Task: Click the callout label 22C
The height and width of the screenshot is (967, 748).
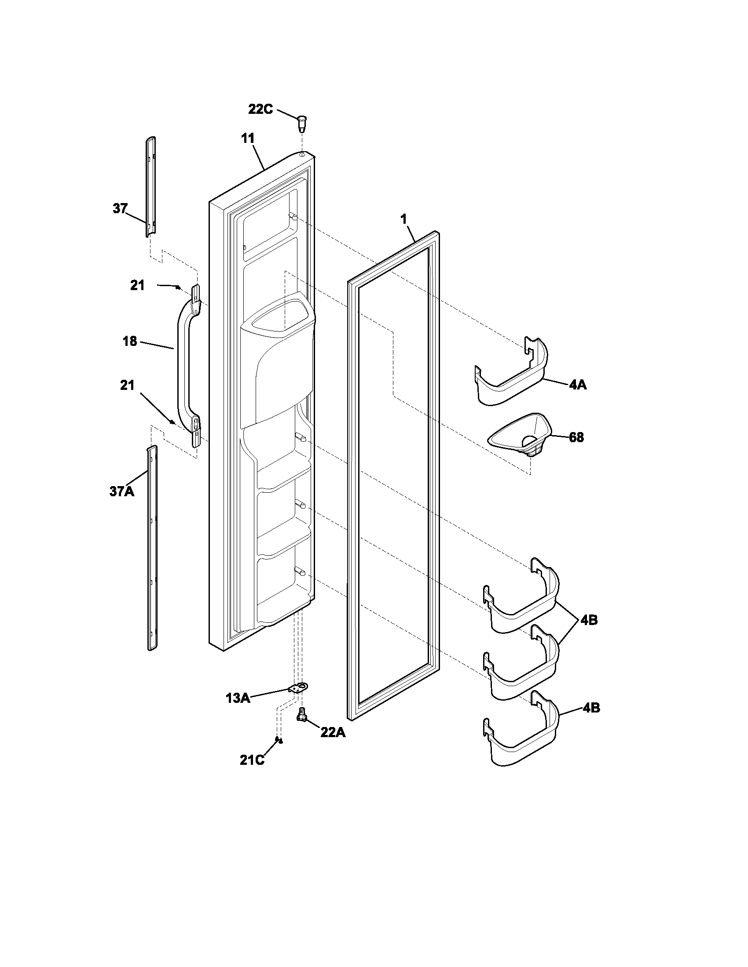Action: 260,109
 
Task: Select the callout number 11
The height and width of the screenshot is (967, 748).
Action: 248,138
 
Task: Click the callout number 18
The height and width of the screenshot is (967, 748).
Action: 129,342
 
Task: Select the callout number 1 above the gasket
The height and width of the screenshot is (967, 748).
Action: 403,218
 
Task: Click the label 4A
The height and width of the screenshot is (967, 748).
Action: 578,385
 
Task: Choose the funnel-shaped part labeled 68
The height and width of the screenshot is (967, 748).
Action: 521,436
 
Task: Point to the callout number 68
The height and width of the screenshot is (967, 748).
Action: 576,437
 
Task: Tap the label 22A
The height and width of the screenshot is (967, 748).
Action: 333,732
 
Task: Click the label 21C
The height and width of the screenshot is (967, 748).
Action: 252,760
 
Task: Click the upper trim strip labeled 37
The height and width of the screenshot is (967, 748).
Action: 150,186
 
